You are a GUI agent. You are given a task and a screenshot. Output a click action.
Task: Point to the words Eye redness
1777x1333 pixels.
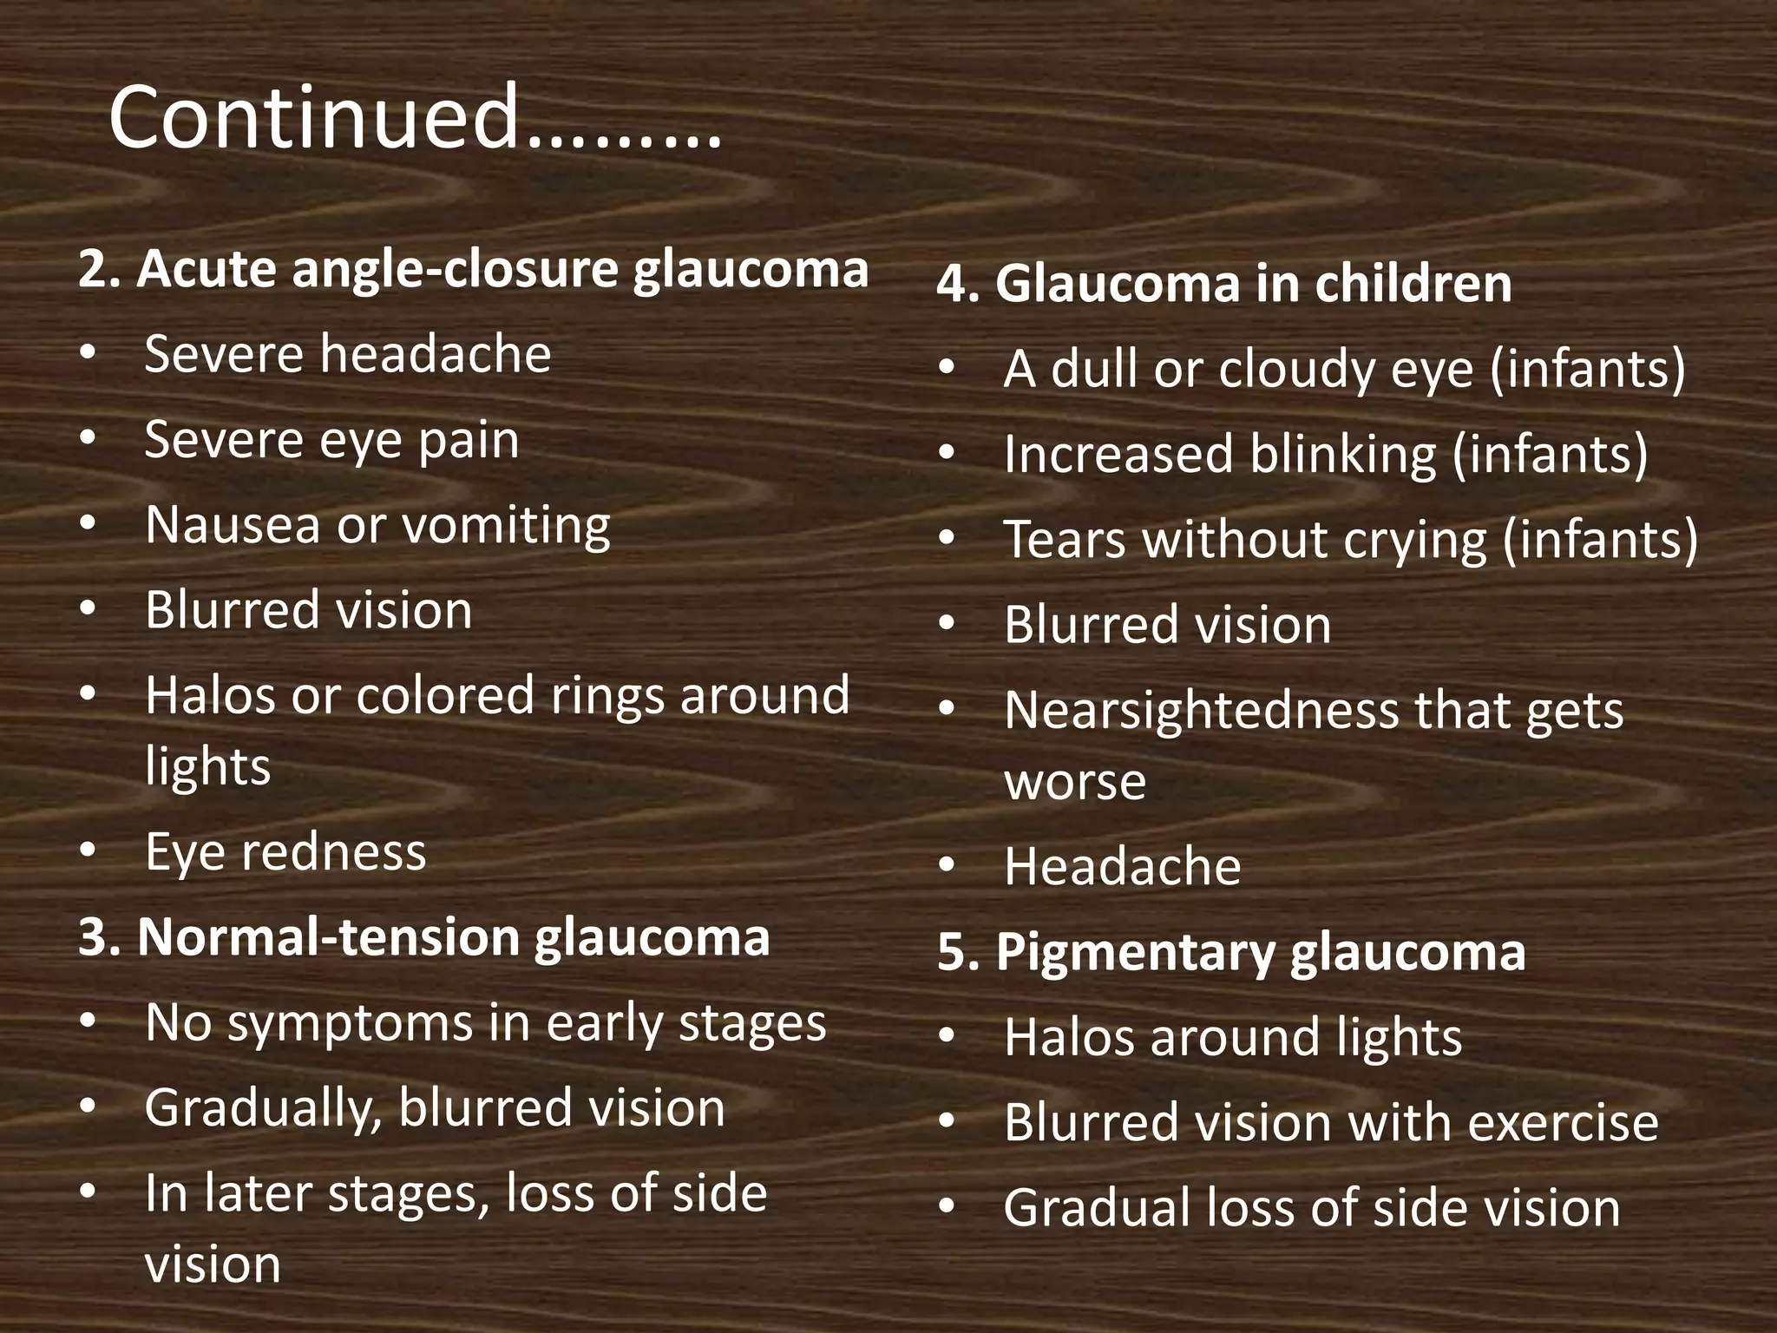pyautogui.click(x=285, y=851)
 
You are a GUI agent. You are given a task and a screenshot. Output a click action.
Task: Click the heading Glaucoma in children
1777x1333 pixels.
pyautogui.click(x=1224, y=283)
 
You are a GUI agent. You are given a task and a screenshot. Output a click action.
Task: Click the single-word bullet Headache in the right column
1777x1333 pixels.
pyautogui.click(x=1122, y=866)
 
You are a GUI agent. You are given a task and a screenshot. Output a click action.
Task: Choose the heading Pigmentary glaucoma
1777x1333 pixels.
pyautogui.click(x=1231, y=951)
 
